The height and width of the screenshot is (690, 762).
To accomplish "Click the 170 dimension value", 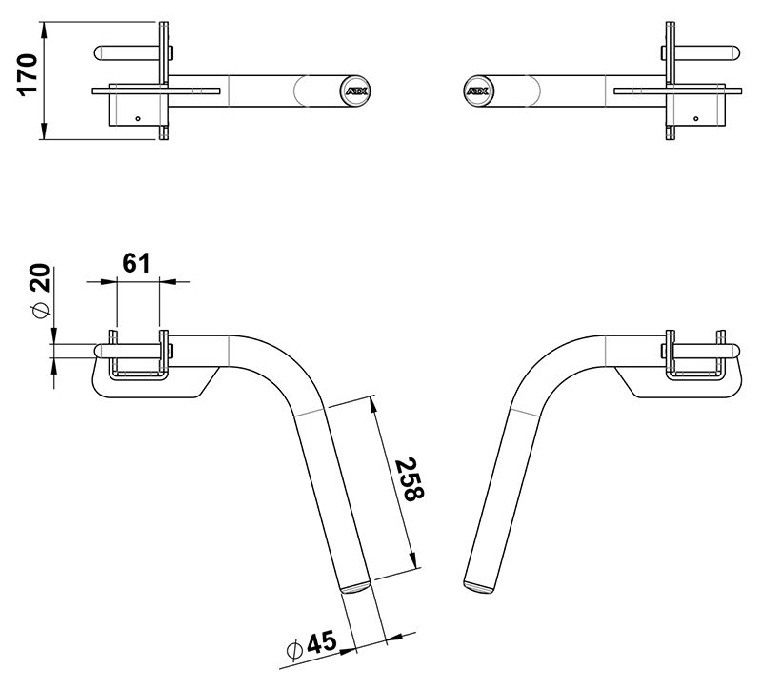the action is tap(28, 75).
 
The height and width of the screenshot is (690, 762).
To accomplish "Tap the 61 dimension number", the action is tap(136, 264).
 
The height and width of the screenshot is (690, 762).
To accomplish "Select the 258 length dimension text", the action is tap(409, 480).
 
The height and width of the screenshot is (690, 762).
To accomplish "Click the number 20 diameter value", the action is tap(40, 277).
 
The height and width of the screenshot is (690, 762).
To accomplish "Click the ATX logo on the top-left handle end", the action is tap(356, 91).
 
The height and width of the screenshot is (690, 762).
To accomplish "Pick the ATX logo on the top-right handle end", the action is tap(478, 91).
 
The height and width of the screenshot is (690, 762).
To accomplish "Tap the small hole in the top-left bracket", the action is tap(138, 118).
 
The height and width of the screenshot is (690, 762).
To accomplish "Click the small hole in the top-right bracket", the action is tap(696, 118).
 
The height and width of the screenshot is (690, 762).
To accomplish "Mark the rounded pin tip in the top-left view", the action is tap(99, 53).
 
